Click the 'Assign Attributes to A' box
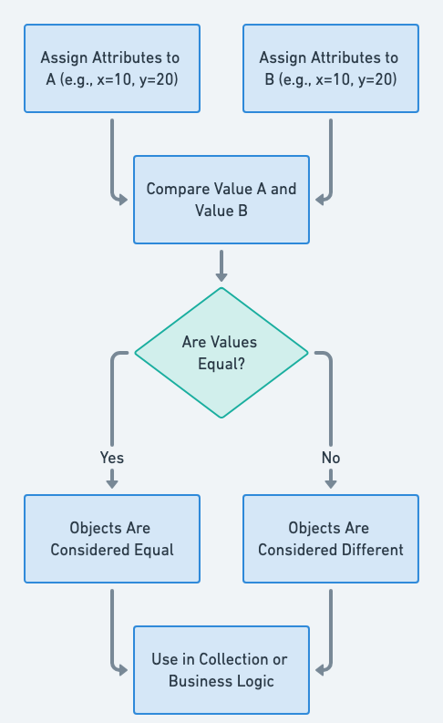click(x=112, y=68)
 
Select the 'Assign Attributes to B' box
click(x=331, y=68)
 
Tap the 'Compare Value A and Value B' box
click(x=221, y=200)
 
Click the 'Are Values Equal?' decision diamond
click(x=221, y=353)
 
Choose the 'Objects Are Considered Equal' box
click(x=112, y=539)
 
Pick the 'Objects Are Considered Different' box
click(x=331, y=539)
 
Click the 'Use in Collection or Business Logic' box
click(x=221, y=670)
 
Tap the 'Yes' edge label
click(x=112, y=458)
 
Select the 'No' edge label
click(x=331, y=458)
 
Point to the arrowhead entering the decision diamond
click(x=221, y=276)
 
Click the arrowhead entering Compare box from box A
click(x=123, y=200)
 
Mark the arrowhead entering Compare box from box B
click(x=321, y=200)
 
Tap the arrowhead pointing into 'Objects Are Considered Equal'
click(x=112, y=483)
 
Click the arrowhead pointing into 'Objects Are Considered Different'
click(x=331, y=483)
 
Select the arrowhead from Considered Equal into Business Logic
click(x=123, y=670)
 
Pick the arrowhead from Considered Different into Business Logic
click(x=321, y=670)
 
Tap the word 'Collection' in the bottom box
click(x=235, y=659)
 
